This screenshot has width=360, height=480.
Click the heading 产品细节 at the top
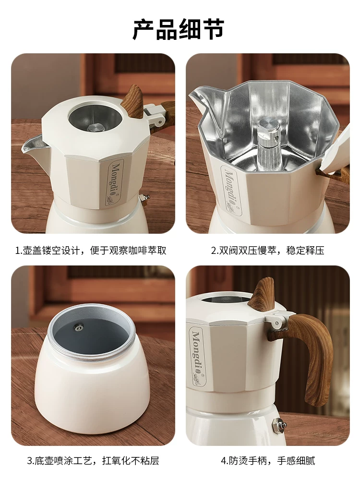[x=179, y=30]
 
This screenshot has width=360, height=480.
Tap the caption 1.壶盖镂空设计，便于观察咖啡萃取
[x=91, y=251]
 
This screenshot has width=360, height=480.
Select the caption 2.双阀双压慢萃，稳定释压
[x=268, y=251]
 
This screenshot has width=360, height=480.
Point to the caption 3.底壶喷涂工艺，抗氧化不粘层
[x=93, y=461]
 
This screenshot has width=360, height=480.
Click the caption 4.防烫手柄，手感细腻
[x=268, y=461]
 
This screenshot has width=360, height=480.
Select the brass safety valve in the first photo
[x=144, y=197]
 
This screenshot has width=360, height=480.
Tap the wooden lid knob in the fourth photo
[x=262, y=293]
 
